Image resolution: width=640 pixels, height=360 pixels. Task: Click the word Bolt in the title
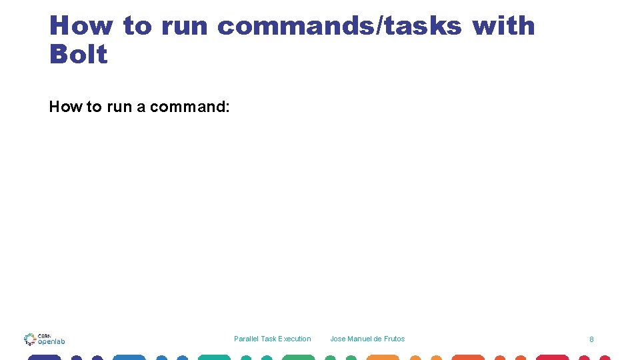[78, 54]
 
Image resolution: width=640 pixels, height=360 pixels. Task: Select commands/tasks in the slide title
[339, 26]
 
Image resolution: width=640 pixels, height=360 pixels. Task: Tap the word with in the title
[503, 26]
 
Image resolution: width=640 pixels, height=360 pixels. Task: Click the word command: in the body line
[189, 107]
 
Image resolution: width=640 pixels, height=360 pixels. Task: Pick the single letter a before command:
[141, 107]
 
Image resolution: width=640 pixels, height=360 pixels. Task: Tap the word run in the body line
[119, 107]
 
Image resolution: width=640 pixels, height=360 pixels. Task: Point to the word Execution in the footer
[295, 339]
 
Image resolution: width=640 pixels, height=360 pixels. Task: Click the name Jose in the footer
[337, 339]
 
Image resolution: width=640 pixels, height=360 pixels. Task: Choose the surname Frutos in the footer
[394, 339]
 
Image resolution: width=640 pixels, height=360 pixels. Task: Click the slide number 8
[591, 339]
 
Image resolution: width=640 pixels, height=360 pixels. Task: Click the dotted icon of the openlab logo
[29, 339]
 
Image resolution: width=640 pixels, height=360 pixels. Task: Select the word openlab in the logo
[51, 341]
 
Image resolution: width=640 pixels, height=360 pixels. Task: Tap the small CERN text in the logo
[44, 335]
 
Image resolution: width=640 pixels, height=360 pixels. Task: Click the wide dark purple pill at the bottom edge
[44, 357]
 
